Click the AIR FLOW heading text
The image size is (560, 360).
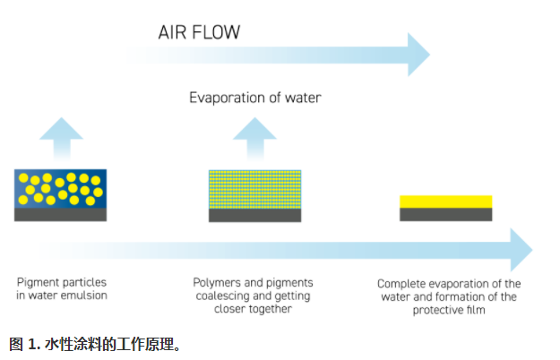point(198,33)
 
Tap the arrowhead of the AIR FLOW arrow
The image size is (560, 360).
point(417,56)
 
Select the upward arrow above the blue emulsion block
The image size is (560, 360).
point(59,135)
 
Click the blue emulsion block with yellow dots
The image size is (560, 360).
point(61,189)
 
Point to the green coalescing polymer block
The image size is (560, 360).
point(254,189)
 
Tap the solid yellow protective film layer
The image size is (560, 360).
point(445,201)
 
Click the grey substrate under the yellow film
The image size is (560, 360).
point(445,215)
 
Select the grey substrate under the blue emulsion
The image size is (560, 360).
point(61,215)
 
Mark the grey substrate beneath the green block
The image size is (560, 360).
point(254,215)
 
